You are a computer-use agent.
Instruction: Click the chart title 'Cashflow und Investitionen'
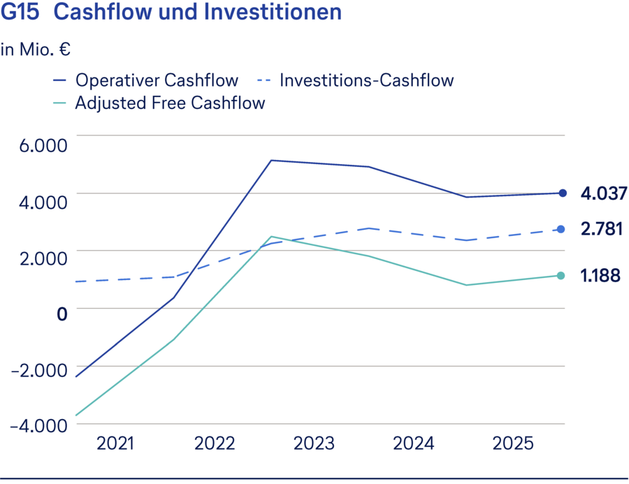pos(198,13)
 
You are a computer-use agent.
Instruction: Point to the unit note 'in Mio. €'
pos(36,50)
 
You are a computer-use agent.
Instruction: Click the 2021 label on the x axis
pos(115,443)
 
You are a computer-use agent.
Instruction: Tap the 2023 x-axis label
pos(314,443)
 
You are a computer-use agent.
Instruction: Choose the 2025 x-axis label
pos(513,443)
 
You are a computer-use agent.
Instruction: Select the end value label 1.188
pos(600,275)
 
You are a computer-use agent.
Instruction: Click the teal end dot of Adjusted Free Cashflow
pos(563,275)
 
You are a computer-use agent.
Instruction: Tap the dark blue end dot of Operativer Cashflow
pos(563,193)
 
